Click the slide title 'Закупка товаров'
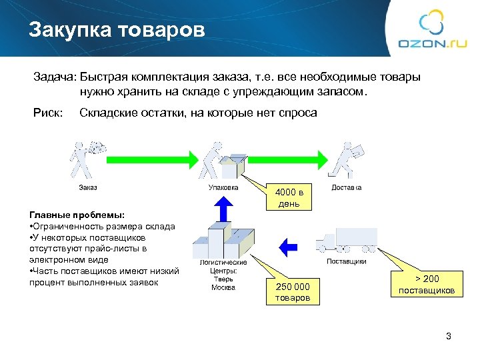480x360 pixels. [x=117, y=29]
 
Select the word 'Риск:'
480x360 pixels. [x=47, y=113]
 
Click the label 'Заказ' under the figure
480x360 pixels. [x=88, y=187]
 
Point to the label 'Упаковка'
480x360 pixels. [x=221, y=187]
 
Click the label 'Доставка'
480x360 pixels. [x=347, y=187]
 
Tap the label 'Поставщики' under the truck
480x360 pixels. [x=346, y=261]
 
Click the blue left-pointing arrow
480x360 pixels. [x=287, y=245]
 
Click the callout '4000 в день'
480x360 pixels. [x=289, y=198]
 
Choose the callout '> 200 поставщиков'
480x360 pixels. [x=427, y=284]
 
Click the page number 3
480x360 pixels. [x=448, y=337]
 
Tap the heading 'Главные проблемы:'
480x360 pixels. [x=77, y=215]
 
